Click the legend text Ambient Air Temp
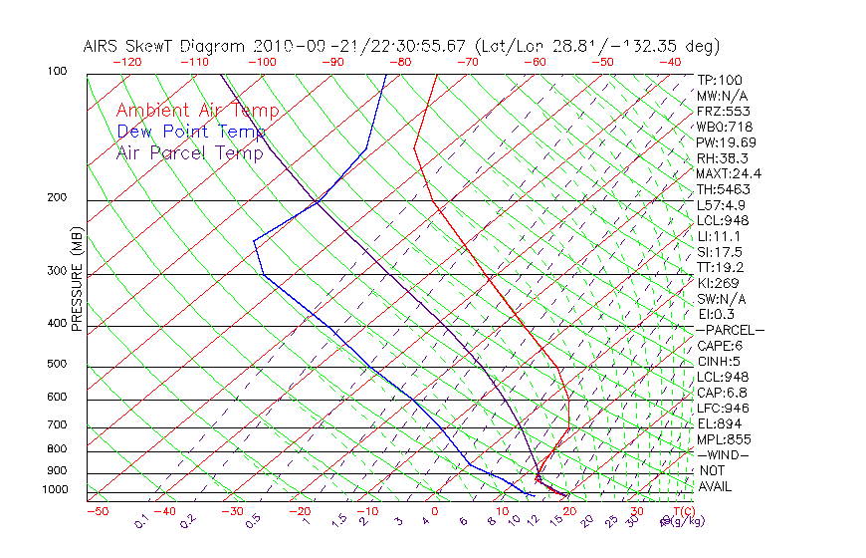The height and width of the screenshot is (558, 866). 197,111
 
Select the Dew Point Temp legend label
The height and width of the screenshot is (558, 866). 191,132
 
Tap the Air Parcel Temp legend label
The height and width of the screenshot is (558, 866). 189,152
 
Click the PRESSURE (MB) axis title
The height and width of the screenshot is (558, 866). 77,278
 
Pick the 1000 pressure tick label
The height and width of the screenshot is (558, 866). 56,489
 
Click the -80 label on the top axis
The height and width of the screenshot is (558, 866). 400,62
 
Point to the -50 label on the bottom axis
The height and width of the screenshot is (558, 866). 97,511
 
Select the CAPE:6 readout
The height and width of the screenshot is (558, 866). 720,346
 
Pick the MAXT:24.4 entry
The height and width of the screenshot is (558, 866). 729,174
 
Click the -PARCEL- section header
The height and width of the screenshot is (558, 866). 731,330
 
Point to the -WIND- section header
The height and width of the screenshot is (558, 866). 724,454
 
